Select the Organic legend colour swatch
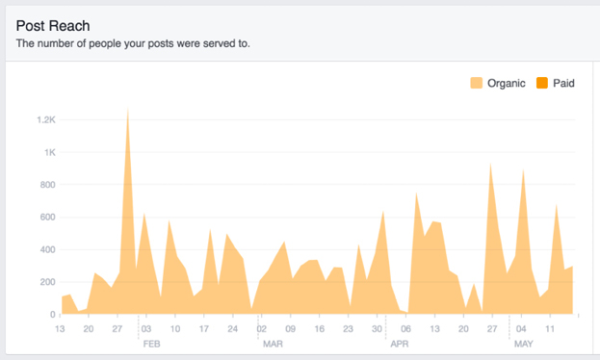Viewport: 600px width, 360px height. click(x=477, y=84)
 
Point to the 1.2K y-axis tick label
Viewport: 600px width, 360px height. click(x=45, y=120)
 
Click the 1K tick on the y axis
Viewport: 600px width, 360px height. click(x=49, y=152)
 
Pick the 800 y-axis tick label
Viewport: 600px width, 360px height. click(x=47, y=185)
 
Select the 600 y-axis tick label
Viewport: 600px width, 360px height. click(x=47, y=218)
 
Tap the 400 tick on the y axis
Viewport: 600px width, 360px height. click(x=47, y=250)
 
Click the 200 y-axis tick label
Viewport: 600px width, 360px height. click(x=47, y=282)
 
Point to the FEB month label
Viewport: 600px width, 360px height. click(x=152, y=343)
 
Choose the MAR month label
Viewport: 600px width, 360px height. click(x=273, y=343)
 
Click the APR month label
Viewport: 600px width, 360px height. click(x=401, y=343)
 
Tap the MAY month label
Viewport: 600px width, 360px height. click(x=524, y=343)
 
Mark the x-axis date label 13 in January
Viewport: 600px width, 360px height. click(x=60, y=328)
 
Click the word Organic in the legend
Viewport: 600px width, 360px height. click(x=507, y=84)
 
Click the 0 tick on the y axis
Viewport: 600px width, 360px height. click(x=53, y=315)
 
